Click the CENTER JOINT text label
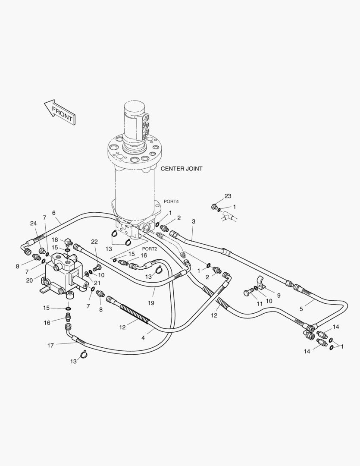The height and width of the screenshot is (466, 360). [181, 169]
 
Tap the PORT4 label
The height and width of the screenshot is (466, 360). [171, 202]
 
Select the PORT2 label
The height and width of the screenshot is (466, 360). [150, 249]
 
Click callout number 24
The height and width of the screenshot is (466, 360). [33, 224]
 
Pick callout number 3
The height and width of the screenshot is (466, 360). [194, 221]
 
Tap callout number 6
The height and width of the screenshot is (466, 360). [54, 213]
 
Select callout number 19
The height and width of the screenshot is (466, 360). [151, 303]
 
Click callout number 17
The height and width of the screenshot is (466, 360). [51, 345]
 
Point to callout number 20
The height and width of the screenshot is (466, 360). [29, 280]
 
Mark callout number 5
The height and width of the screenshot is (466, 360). [302, 309]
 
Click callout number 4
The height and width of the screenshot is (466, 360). [143, 338]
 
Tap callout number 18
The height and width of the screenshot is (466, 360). [55, 239]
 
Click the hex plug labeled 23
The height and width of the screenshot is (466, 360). [214, 207]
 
